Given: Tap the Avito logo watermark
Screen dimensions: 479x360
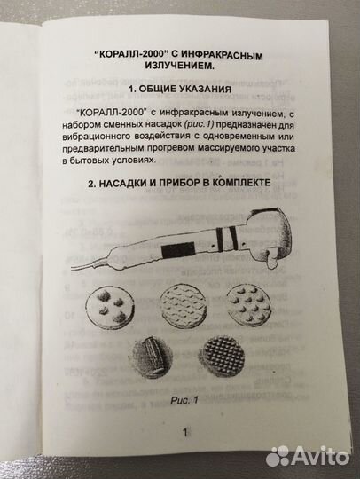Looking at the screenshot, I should (311, 456).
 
